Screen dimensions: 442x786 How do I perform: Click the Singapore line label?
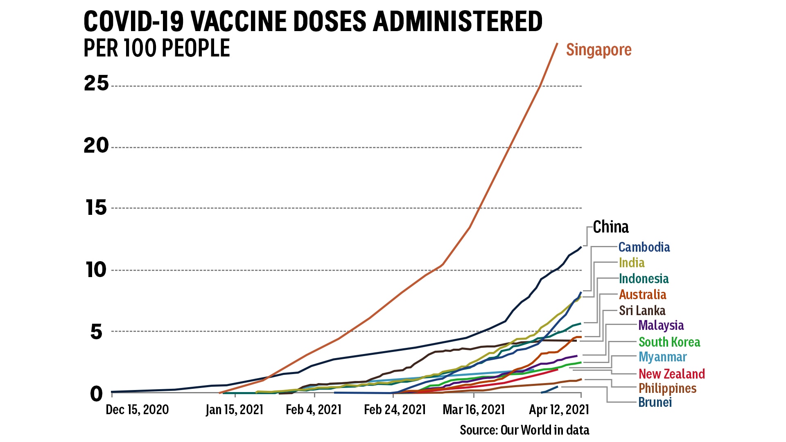point(599,50)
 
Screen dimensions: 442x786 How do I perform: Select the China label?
point(610,227)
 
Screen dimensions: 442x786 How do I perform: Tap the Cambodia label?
point(644,247)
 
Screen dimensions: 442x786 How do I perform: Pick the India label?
point(632,263)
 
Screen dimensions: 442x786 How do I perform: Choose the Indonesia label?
point(644,279)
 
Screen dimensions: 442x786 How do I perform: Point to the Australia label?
point(642,295)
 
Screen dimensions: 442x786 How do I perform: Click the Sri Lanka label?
point(642,311)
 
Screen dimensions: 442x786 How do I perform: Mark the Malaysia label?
point(661,325)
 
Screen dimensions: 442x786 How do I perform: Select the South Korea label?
point(669,342)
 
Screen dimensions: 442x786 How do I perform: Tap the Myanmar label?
point(662,357)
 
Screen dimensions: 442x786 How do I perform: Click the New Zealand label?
point(671,374)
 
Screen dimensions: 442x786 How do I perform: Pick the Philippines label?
point(667,388)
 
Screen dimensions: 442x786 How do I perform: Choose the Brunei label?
point(655,403)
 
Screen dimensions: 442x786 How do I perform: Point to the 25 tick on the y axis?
point(97,83)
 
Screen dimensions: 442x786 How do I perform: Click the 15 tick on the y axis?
point(97,208)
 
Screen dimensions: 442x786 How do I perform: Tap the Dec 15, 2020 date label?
point(137,410)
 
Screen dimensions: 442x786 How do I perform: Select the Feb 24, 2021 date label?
point(395,410)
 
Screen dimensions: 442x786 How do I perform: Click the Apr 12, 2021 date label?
point(559,410)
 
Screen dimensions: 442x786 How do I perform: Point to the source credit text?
point(524,430)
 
